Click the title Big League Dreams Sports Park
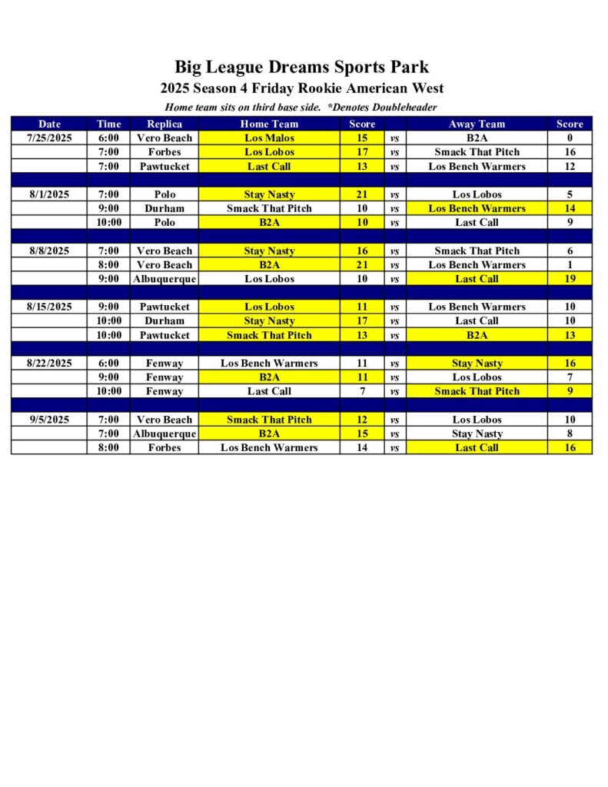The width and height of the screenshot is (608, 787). tap(301, 67)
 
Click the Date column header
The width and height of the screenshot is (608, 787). tap(49, 124)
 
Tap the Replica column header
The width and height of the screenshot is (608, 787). tap(164, 124)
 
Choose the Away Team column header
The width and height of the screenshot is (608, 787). tap(477, 124)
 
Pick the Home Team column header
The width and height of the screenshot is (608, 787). tap(269, 124)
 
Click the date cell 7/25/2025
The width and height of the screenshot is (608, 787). tap(49, 138)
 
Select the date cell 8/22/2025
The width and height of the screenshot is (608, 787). tap(49, 364)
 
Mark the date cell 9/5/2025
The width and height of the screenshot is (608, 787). tap(49, 420)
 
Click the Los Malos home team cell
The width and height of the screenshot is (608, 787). tap(269, 138)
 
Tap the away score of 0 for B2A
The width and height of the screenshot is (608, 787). tap(570, 138)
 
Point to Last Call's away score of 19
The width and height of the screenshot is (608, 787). tap(570, 279)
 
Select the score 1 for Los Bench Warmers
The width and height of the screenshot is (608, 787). tap(570, 265)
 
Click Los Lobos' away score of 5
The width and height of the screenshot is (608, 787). tap(570, 194)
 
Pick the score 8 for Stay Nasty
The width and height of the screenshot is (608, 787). tap(570, 433)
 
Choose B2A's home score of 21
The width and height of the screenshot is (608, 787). tap(362, 265)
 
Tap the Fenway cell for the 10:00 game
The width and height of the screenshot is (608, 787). tap(164, 391)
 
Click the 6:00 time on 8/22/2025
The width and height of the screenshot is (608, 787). tap(108, 364)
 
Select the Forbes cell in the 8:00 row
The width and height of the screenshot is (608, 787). tap(164, 447)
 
